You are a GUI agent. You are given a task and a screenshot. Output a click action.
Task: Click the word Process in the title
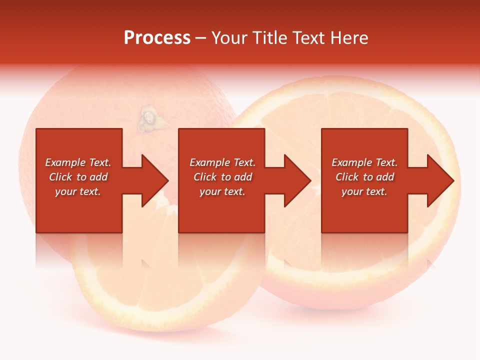click(x=157, y=38)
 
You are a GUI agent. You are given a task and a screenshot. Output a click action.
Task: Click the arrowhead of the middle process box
click(x=296, y=180)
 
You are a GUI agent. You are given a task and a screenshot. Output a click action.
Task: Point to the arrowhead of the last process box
click(x=439, y=180)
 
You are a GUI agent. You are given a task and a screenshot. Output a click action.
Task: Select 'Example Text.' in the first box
click(x=78, y=162)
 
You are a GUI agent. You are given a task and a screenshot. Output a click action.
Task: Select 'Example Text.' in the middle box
click(x=222, y=162)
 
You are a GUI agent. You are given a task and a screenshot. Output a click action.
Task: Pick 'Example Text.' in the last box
click(x=364, y=162)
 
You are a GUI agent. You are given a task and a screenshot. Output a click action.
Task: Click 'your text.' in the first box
click(x=78, y=191)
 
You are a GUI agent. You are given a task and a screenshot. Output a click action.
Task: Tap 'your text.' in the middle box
click(x=222, y=191)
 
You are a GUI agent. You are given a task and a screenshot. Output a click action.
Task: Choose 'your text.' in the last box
click(x=364, y=191)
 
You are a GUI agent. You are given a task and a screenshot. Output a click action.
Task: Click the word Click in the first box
click(x=61, y=177)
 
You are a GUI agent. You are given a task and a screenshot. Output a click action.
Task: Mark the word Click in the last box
click(x=347, y=177)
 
